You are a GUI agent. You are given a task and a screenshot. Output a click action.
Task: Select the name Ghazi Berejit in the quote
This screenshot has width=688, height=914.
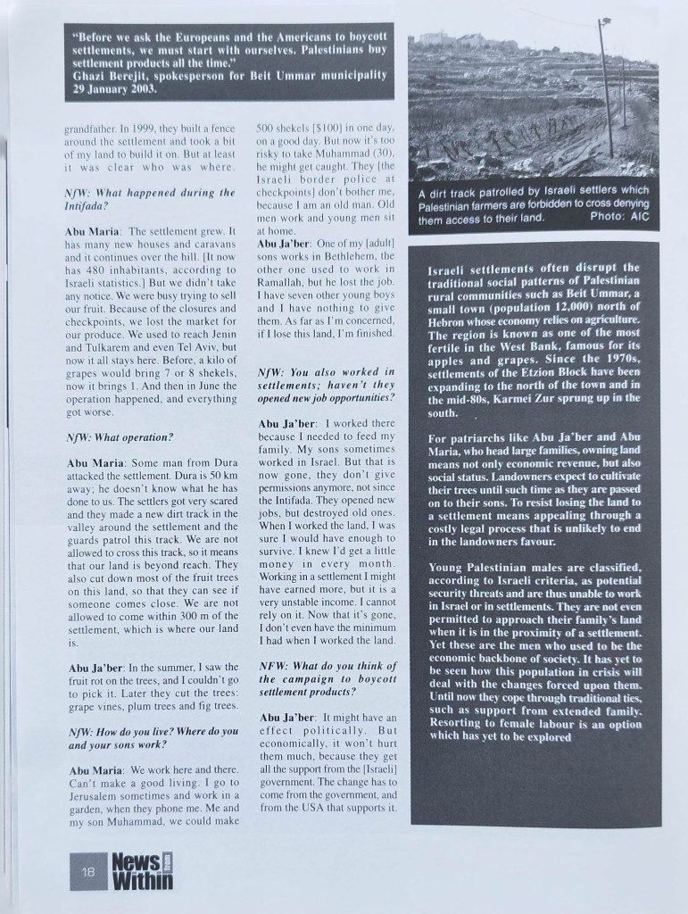(x=117, y=77)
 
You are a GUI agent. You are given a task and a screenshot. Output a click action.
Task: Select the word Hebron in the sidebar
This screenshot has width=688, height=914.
(x=452, y=319)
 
